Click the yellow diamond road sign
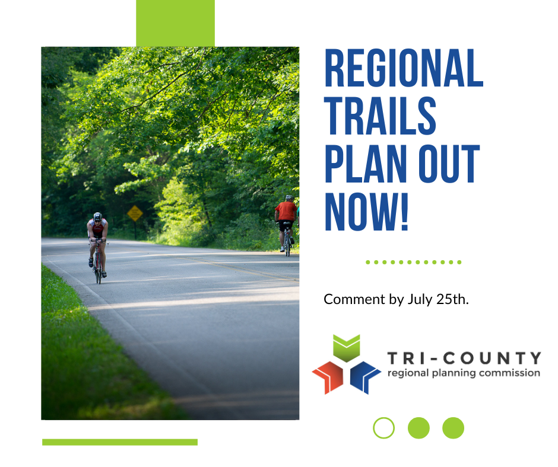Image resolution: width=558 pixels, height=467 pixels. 135,213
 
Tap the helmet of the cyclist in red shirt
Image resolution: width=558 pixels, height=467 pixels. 288,197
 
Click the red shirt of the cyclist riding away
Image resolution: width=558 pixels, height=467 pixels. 286,210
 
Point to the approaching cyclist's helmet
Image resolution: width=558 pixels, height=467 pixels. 97,216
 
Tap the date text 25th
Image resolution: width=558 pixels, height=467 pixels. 452,299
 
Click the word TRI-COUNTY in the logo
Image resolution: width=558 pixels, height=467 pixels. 464,358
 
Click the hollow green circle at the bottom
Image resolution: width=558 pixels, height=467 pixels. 383,427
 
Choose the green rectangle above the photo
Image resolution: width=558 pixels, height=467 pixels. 175,23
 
